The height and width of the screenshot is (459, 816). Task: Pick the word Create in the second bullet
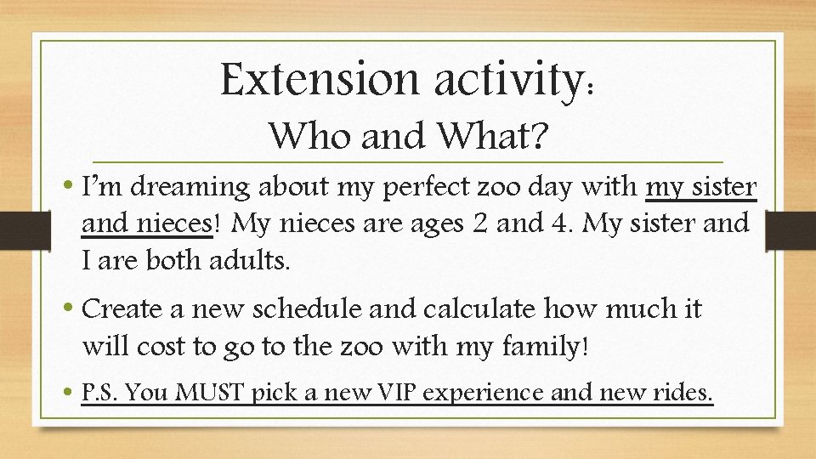click(x=124, y=309)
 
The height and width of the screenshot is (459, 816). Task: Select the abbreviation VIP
click(x=396, y=394)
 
